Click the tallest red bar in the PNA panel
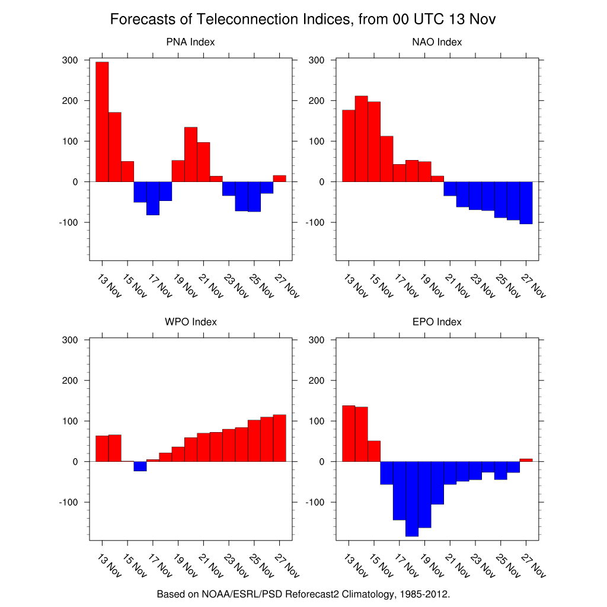[x=102, y=122]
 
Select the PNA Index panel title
[x=190, y=42]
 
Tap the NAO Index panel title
[x=437, y=42]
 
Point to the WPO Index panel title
[x=190, y=322]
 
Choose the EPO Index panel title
[x=437, y=322]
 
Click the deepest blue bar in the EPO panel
[x=412, y=499]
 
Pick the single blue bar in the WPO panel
[x=140, y=466]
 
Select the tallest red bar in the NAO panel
[x=361, y=139]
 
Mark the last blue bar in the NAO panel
[x=526, y=203]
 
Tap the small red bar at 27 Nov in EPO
[x=526, y=460]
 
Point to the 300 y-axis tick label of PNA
[x=71, y=60]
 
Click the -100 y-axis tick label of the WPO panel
[x=68, y=502]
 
